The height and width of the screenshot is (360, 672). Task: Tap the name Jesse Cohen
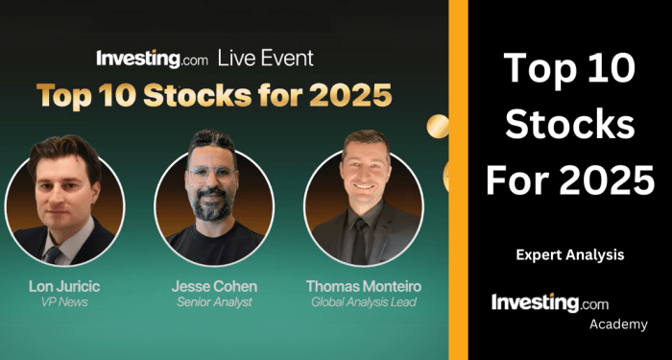[213, 286]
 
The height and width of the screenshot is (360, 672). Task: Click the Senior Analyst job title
[213, 302]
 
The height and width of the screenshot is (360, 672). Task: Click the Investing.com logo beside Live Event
[152, 58]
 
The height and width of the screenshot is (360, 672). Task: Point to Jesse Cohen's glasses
[211, 173]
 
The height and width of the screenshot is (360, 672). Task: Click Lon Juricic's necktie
[55, 254]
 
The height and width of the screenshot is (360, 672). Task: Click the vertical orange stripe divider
[458, 180]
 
